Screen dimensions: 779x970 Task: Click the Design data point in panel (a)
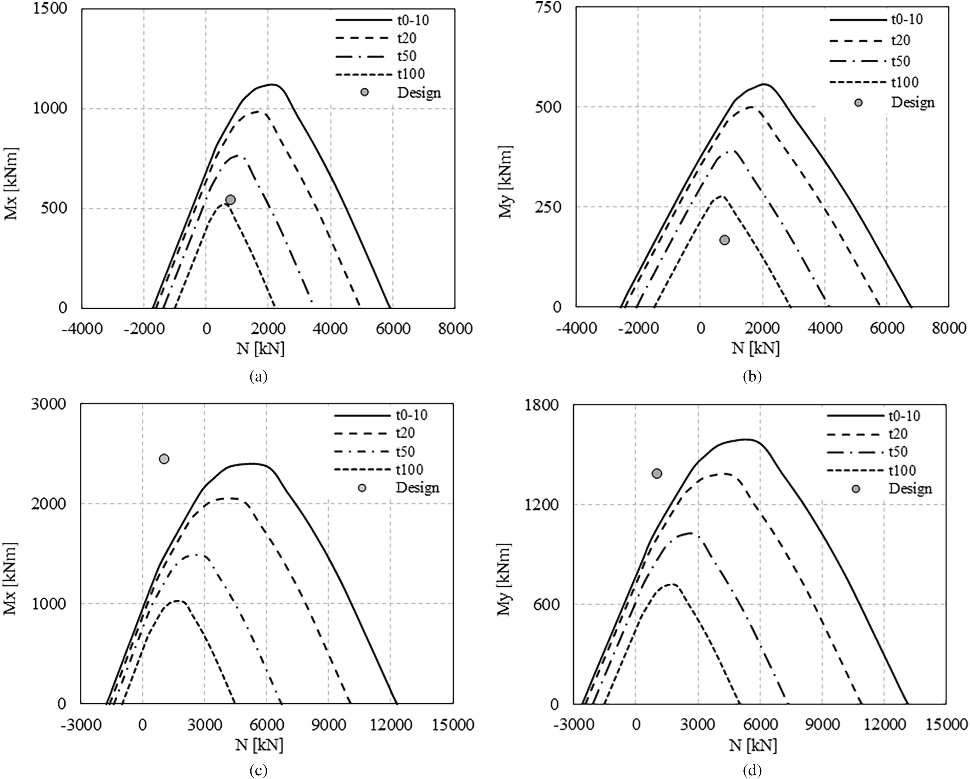pos(230,200)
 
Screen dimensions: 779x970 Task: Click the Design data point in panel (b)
pos(724,240)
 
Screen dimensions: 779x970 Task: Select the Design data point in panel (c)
pos(164,458)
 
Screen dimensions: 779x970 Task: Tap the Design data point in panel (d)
pos(657,473)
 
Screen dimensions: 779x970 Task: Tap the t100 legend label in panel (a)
pos(411,74)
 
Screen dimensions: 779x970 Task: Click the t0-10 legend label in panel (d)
pos(904,416)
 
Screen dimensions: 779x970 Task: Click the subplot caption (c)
pos(258,771)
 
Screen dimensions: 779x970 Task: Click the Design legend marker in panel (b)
pos(858,103)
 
